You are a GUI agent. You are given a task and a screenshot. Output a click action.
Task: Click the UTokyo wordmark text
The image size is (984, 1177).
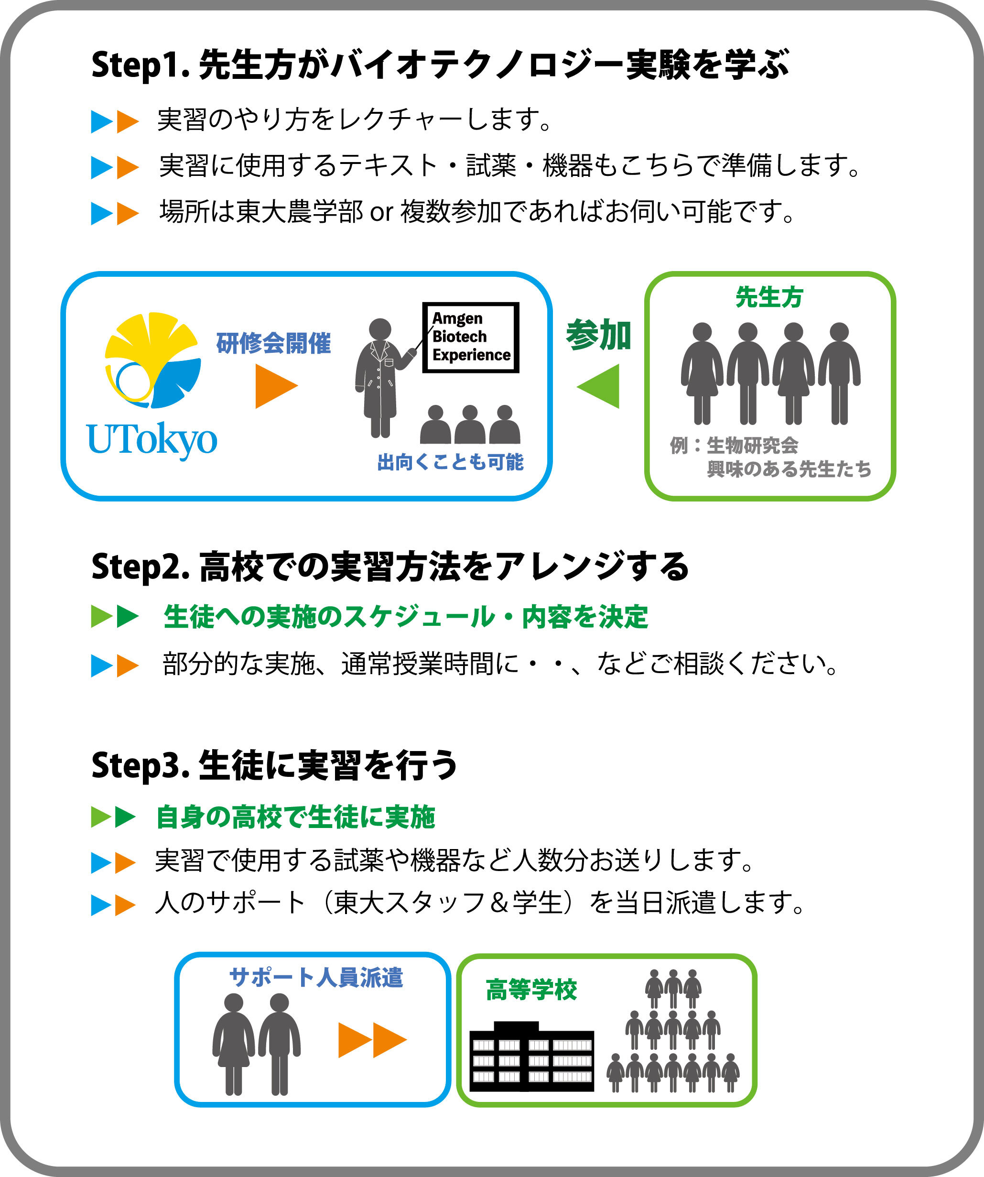click(152, 440)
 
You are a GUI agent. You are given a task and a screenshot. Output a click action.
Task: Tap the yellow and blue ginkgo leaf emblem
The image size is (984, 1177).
click(152, 360)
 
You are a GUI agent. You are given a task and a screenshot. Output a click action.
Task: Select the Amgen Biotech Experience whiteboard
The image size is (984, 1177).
click(471, 338)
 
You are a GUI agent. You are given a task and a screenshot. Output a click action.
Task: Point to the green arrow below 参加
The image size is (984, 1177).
click(600, 386)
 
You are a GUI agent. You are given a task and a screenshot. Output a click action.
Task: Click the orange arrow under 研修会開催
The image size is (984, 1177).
click(276, 386)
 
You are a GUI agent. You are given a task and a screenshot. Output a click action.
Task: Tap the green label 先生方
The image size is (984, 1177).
click(769, 297)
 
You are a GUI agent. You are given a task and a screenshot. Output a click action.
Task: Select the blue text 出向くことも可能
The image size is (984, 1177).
click(451, 462)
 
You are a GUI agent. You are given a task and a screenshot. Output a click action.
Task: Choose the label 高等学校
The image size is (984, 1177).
click(531, 990)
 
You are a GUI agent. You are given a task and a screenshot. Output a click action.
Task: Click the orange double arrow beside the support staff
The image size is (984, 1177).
click(372, 1040)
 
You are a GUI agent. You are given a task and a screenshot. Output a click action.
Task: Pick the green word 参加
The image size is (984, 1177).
click(598, 335)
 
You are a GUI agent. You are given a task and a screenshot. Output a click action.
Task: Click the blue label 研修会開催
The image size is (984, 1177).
click(273, 343)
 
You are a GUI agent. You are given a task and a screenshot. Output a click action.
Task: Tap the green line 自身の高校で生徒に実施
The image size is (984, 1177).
click(295, 817)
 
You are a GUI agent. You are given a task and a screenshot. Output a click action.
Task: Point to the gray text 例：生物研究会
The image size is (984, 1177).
click(734, 446)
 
